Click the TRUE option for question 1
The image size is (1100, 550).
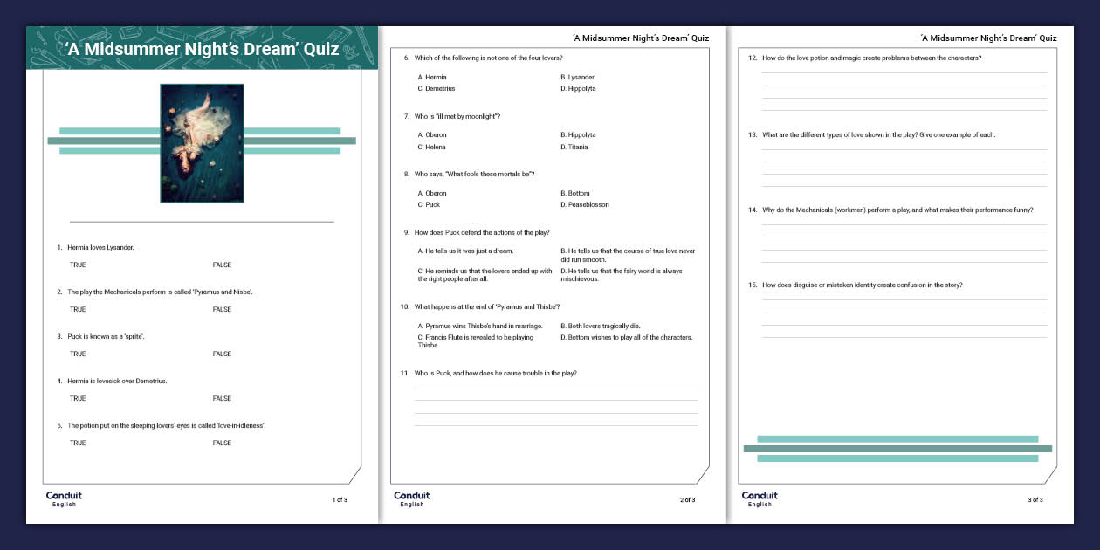pyautogui.click(x=78, y=265)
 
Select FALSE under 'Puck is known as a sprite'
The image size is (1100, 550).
pyautogui.click(x=222, y=354)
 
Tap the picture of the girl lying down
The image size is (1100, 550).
pyautogui.click(x=202, y=143)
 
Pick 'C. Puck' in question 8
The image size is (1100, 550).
pyautogui.click(x=429, y=204)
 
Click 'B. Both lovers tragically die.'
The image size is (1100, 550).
pyautogui.click(x=600, y=326)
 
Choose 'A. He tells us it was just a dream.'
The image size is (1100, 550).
pyautogui.click(x=465, y=251)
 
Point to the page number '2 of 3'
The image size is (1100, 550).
pyautogui.click(x=688, y=500)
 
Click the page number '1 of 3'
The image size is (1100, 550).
pyautogui.click(x=340, y=500)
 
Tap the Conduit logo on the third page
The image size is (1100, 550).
pyautogui.click(x=760, y=498)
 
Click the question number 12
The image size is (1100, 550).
pyautogui.click(x=753, y=58)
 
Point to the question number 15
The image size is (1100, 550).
pyautogui.click(x=753, y=285)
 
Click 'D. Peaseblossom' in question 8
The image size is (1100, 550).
pyautogui.click(x=585, y=204)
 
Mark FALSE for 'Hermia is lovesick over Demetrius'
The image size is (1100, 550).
pyautogui.click(x=222, y=398)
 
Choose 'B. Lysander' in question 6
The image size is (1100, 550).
pyautogui.click(x=577, y=77)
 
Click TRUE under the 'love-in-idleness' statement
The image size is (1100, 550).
pyautogui.click(x=78, y=443)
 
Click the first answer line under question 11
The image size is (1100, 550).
pyautogui.click(x=556, y=388)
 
